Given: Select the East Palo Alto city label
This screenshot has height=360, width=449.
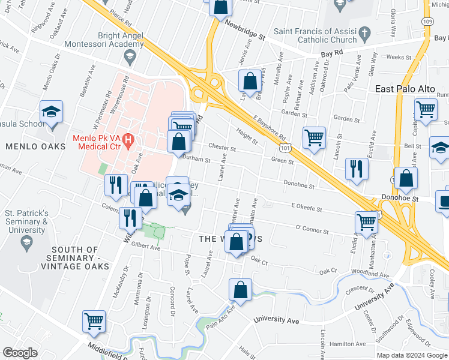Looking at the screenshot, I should click(x=405, y=89).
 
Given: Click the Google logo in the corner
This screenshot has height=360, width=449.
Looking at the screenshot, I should click(x=20, y=353).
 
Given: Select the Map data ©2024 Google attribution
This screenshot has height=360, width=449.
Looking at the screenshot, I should click(x=411, y=355).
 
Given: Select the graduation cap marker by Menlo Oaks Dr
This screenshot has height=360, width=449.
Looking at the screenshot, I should click(x=52, y=112).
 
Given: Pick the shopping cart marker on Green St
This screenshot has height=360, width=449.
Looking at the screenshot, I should click(x=314, y=138).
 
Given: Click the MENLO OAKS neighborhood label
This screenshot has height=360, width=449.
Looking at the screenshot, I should click(x=26, y=146).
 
